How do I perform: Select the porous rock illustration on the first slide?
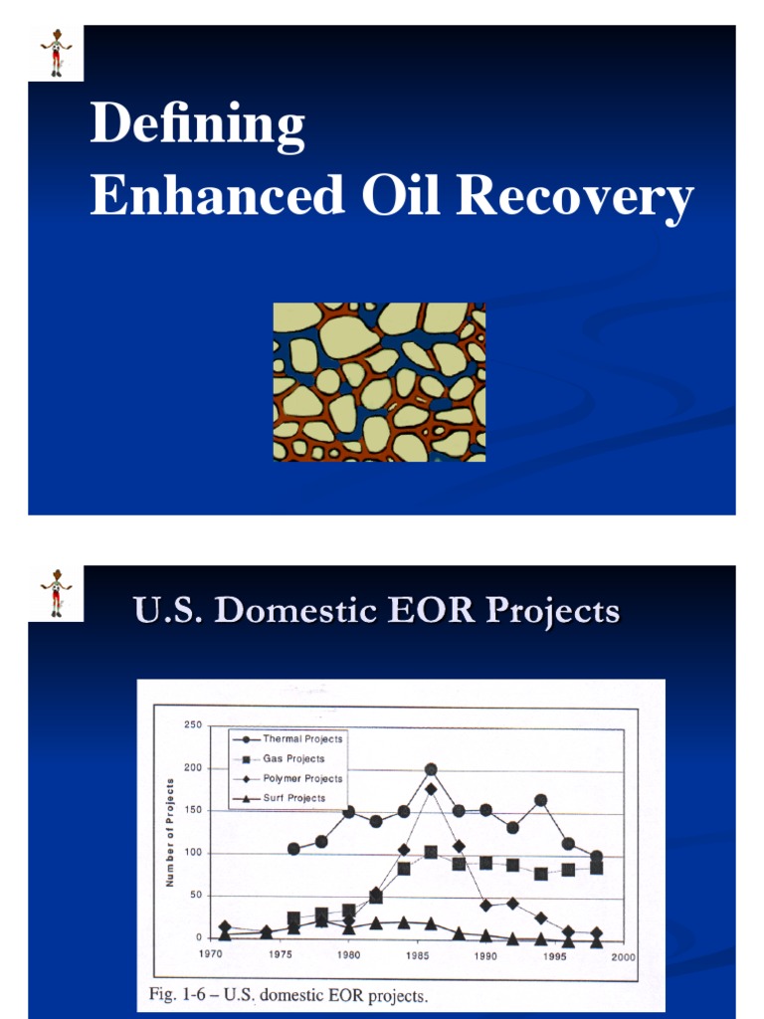(x=379, y=382)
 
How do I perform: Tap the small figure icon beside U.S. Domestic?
(x=56, y=593)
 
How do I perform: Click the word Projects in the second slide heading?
(x=549, y=610)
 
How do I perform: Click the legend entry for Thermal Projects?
(x=302, y=739)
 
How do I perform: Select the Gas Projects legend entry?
(x=293, y=759)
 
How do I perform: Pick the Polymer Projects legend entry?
(x=302, y=779)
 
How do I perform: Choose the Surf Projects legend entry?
(x=294, y=798)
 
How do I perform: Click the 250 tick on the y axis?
(x=193, y=724)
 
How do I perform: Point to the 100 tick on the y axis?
(x=193, y=853)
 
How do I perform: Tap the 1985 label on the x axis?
(x=417, y=956)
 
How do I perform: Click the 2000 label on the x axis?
(x=623, y=956)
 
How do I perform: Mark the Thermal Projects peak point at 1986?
(x=431, y=769)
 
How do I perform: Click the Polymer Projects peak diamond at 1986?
(x=431, y=789)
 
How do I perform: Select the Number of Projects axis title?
(x=170, y=832)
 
